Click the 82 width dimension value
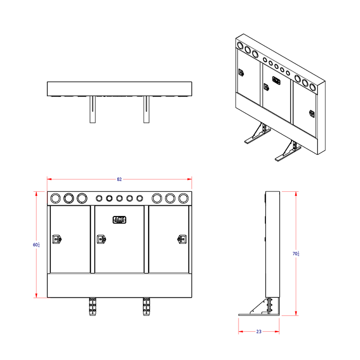point(119,179)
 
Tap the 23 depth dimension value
point(258,332)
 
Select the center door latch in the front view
point(101,238)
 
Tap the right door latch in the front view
point(182,238)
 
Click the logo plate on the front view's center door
point(119,220)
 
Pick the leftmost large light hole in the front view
point(56,198)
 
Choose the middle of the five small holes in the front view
point(119,198)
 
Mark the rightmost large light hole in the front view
point(183,198)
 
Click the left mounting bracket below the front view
point(93,308)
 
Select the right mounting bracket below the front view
point(146,308)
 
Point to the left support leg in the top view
point(93,110)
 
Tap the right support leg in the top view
point(146,110)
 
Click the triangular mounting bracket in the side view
point(262,308)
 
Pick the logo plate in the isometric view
point(277,80)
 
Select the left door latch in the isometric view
point(241,73)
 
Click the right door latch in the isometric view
point(312,113)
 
